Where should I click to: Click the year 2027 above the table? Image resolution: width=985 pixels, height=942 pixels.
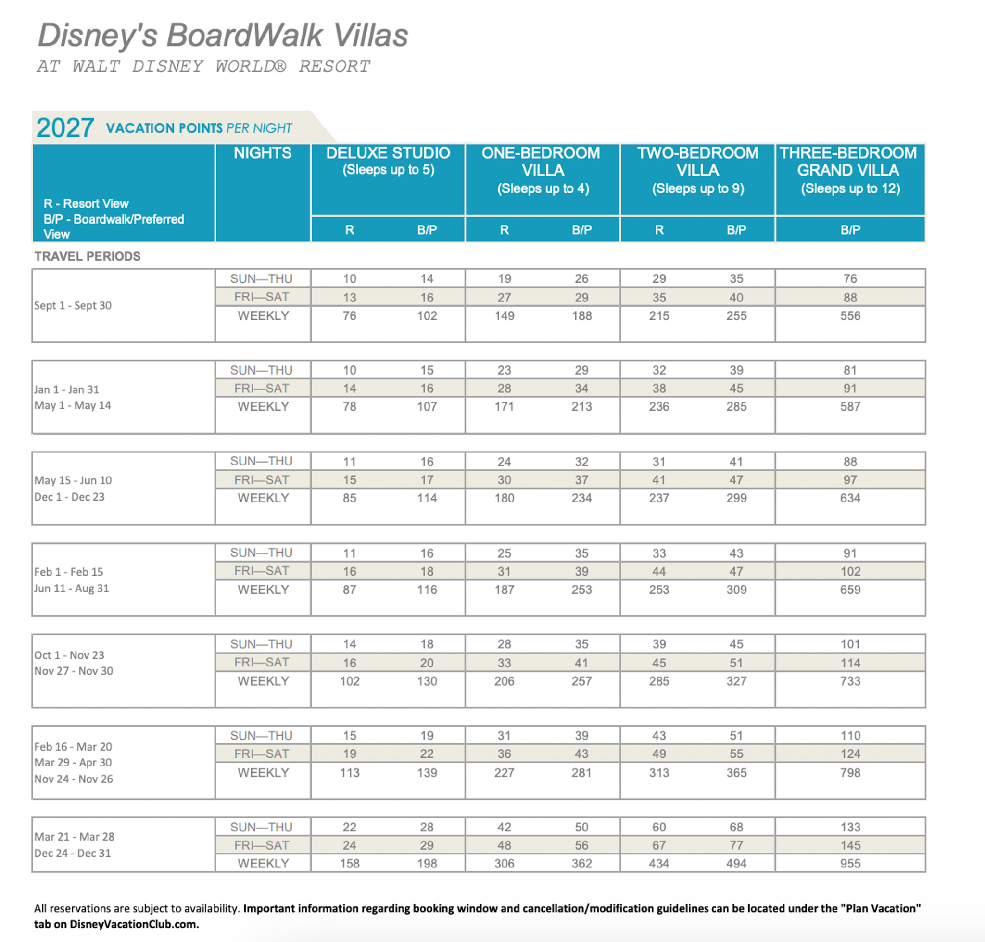click(65, 127)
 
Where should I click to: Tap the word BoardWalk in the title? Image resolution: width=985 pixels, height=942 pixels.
click(244, 36)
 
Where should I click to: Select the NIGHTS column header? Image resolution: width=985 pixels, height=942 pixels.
click(262, 152)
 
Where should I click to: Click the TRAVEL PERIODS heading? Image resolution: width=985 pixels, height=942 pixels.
click(88, 256)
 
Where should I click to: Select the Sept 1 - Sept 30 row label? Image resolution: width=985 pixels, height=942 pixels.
click(73, 305)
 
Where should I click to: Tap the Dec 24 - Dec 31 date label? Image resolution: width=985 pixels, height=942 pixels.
click(73, 853)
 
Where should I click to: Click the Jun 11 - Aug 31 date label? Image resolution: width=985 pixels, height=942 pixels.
click(72, 589)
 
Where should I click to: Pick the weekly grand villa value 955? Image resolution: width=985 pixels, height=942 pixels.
click(850, 863)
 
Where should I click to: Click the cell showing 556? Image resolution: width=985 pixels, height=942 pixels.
click(850, 316)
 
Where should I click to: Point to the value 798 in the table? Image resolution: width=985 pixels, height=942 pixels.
click(850, 772)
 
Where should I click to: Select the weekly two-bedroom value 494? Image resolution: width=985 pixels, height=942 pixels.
click(736, 863)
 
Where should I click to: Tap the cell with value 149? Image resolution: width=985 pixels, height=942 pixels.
click(504, 316)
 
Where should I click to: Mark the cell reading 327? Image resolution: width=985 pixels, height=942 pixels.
click(736, 681)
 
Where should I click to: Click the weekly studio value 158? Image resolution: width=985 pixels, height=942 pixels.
click(349, 863)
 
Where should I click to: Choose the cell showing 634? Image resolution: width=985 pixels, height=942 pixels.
click(850, 498)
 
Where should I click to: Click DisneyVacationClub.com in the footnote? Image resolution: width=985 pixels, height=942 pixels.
click(134, 924)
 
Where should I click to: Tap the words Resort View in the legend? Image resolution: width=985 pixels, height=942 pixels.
click(95, 203)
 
